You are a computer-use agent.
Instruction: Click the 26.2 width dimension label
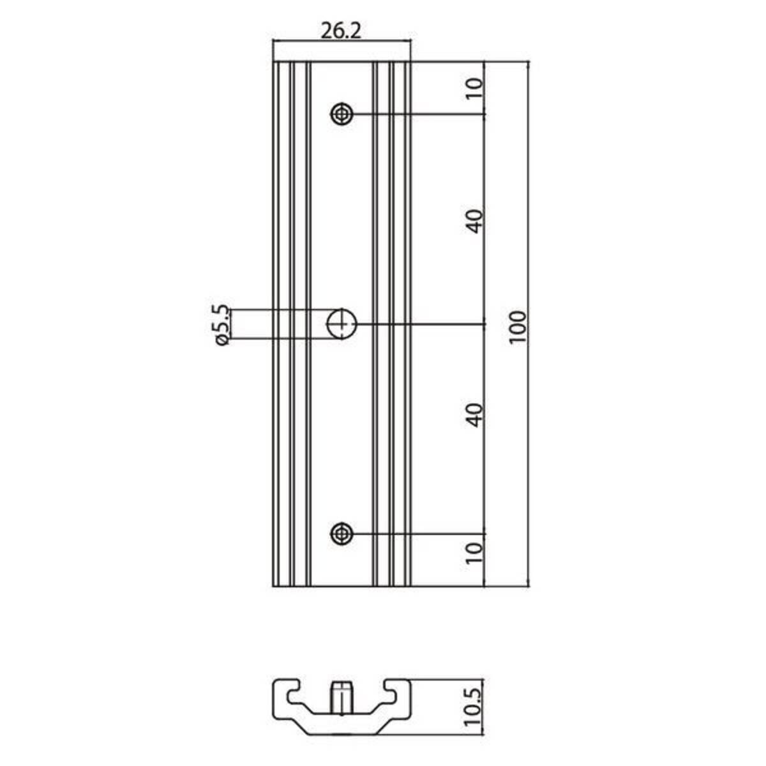[341, 31]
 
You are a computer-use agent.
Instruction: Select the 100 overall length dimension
[518, 327]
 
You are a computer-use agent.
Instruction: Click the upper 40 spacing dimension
[475, 222]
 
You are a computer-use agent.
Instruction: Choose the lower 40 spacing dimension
[475, 416]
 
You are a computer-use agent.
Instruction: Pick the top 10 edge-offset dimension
[475, 88]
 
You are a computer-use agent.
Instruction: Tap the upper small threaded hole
[342, 114]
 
